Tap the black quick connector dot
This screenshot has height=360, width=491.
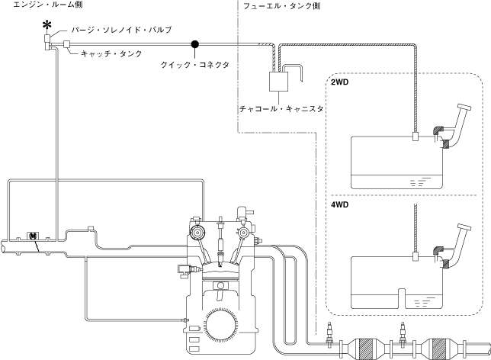pos(194,44)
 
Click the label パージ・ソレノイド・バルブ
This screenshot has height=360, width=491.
pos(121,30)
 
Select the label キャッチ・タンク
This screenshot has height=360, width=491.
pos(111,53)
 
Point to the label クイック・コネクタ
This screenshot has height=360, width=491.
pos(195,65)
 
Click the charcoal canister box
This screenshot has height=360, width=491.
pos(278,82)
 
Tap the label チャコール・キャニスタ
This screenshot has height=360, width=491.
pos(281,109)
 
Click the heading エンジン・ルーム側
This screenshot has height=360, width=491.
pos(47,5)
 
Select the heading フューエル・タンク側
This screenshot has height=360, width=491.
pos(281,6)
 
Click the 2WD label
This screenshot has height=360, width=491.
pos(340,82)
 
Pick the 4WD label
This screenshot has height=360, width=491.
pos(340,204)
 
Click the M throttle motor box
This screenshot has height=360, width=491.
pos(33,236)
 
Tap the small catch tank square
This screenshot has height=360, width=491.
pos(66,44)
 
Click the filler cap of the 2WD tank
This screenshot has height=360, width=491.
pos(465,107)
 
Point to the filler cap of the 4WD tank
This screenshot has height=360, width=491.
pos(465,227)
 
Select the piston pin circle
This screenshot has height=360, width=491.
pos(220,285)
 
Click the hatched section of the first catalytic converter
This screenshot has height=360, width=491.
pos(367,349)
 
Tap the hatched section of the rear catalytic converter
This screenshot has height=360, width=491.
pos(440,349)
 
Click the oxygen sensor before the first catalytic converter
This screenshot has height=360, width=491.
pos(329,333)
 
